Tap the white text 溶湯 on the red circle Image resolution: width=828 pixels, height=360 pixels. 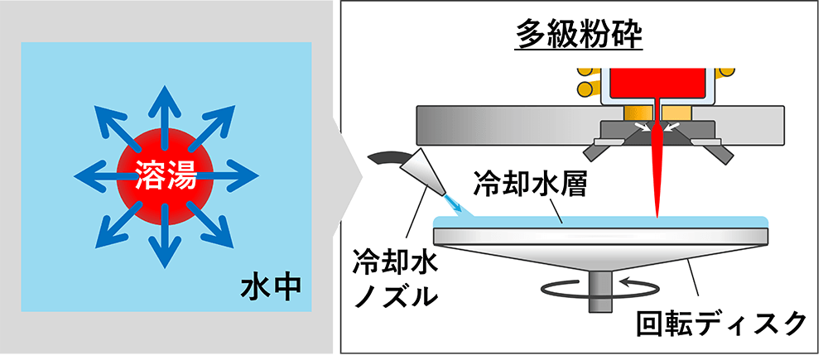coord(166,175)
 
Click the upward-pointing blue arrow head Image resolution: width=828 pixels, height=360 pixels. coord(166,100)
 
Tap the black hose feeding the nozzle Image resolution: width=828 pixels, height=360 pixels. coord(382,157)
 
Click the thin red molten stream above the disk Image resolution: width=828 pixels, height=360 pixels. coord(656,174)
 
